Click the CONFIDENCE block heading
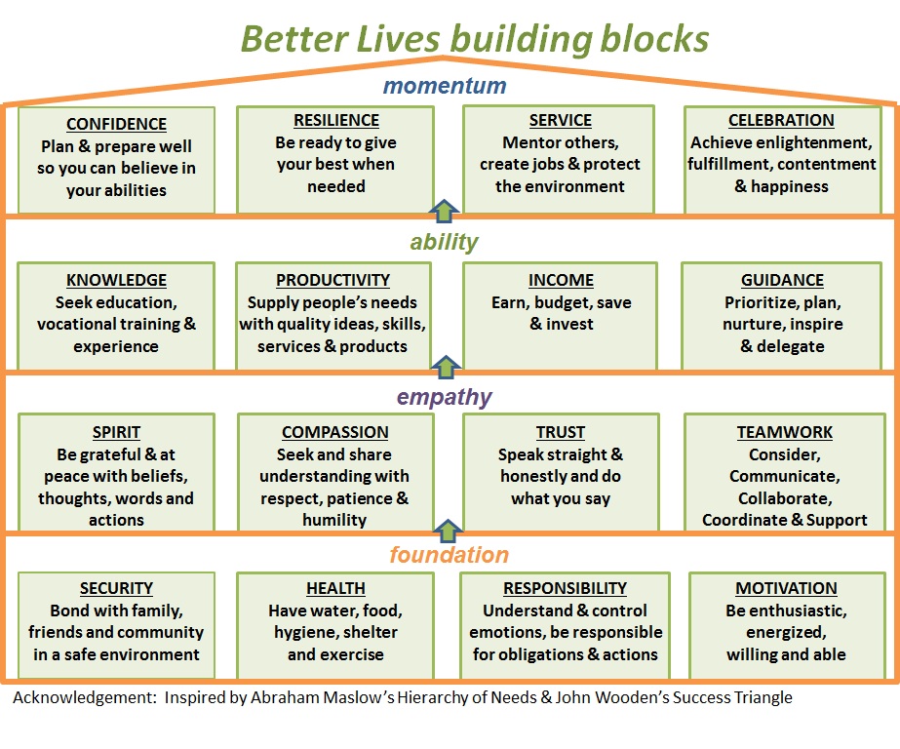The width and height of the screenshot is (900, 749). [x=116, y=124]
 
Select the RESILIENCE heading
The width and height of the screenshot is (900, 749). [x=336, y=121]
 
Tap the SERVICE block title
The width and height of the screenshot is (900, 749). [x=561, y=121]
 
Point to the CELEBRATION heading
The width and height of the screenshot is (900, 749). [x=781, y=121]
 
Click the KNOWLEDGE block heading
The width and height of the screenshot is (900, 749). [x=116, y=280]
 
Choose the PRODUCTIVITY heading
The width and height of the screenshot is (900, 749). [x=333, y=280]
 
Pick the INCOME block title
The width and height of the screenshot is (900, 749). [x=561, y=280]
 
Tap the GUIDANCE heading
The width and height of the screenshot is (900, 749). [x=782, y=280]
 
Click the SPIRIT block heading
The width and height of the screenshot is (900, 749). [x=116, y=432]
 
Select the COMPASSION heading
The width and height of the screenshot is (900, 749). [x=335, y=432]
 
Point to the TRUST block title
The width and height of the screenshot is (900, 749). [x=561, y=432]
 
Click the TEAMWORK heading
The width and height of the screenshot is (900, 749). [x=785, y=432]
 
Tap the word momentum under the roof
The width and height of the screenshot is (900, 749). [x=445, y=86]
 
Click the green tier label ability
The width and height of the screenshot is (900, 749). [x=445, y=242]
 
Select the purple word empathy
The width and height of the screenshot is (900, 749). [x=445, y=397]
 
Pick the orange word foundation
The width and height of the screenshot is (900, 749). [x=450, y=555]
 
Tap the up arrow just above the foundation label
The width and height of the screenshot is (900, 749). [x=448, y=531]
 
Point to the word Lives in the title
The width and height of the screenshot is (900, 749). [x=399, y=39]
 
